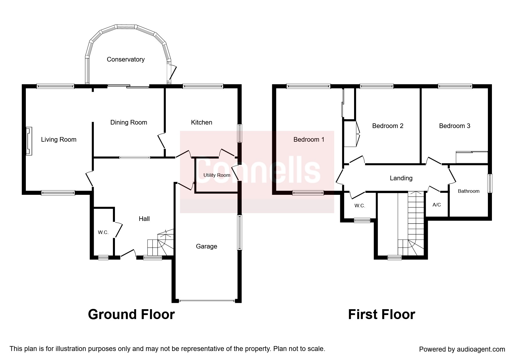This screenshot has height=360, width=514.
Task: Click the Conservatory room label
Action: (126, 60)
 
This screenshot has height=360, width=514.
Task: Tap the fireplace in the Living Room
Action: (29, 141)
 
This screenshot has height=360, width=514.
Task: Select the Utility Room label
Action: (217, 175)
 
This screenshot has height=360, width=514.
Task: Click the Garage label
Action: (206, 246)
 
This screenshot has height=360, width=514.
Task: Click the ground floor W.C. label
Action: (103, 232)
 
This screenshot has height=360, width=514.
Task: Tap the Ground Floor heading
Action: (131, 314)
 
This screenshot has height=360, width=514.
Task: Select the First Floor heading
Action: (381, 314)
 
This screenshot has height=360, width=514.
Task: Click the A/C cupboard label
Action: (437, 205)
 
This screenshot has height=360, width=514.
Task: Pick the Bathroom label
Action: (468, 191)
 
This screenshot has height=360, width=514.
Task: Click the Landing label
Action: (401, 178)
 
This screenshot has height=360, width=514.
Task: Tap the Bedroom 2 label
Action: (388, 126)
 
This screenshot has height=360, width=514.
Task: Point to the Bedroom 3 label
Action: (455, 126)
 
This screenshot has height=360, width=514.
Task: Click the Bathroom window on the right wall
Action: (490, 183)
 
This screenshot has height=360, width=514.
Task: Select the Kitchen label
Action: (201, 122)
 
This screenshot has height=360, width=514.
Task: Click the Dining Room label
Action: (129, 123)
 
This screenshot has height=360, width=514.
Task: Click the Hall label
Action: (144, 219)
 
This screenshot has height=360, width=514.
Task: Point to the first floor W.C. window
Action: (362, 220)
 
